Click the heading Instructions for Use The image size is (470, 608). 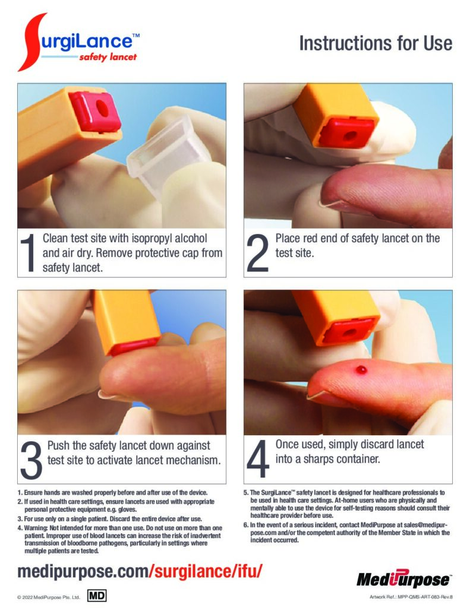click(x=376, y=43)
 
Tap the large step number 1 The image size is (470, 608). click(x=28, y=253)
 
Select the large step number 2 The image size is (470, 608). click(x=257, y=253)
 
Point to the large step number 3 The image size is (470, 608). click(x=31, y=460)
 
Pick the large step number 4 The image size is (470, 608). click(x=258, y=459)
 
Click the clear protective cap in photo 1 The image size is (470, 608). click(x=169, y=157)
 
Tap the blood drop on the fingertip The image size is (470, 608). click(x=361, y=369)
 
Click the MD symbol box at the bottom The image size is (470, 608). click(x=97, y=596)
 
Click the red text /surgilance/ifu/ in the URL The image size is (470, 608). click(x=206, y=571)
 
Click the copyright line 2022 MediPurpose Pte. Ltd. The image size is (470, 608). click(x=49, y=597)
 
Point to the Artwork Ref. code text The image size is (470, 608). click(x=411, y=597)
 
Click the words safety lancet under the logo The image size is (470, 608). click(x=108, y=58)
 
